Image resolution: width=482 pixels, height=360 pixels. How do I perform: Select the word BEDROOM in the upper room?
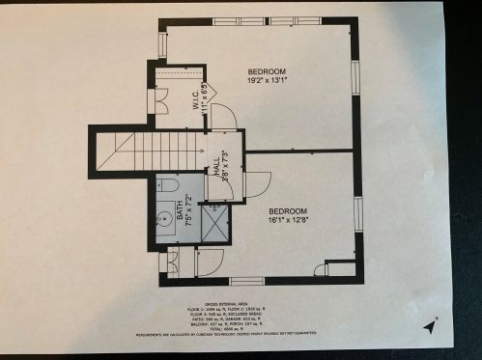click(x=266, y=72)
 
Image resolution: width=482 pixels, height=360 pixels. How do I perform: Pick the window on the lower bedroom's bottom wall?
click(x=247, y=281)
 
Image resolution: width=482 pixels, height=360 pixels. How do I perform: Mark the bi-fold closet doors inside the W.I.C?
click(x=161, y=99)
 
